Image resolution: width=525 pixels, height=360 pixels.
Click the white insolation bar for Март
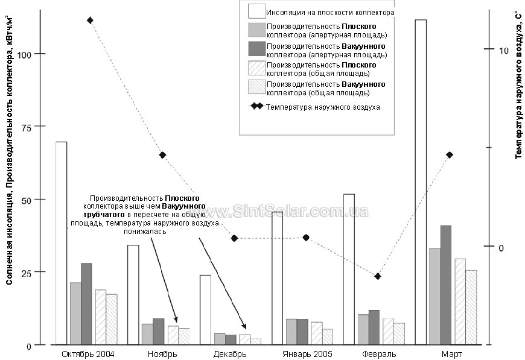point(421,182)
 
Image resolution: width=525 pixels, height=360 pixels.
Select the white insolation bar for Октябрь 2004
point(62,243)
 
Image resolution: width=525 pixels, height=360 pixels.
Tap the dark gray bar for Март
point(446,285)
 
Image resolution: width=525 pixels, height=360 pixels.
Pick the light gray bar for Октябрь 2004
point(75,314)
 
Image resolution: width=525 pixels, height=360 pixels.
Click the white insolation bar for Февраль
point(349,270)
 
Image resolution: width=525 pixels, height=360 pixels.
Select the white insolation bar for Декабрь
point(206,310)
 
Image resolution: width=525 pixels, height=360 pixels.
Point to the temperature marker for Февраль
point(378,276)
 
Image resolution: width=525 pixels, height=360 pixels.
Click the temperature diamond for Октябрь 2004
point(90,21)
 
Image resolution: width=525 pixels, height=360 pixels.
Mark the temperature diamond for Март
point(450,155)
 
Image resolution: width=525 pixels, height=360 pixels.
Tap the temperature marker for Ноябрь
point(162,155)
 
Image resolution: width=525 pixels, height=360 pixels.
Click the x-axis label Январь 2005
point(307,354)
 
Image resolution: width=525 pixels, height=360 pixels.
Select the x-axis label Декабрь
point(230,354)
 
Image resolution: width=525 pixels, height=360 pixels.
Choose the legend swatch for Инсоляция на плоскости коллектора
point(257,11)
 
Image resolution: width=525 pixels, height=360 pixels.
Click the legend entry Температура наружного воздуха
point(323,107)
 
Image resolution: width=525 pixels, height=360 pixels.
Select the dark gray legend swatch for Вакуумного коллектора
point(257,48)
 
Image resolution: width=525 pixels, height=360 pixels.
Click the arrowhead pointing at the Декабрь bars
point(244,327)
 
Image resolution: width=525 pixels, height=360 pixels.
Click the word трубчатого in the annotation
point(104,215)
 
